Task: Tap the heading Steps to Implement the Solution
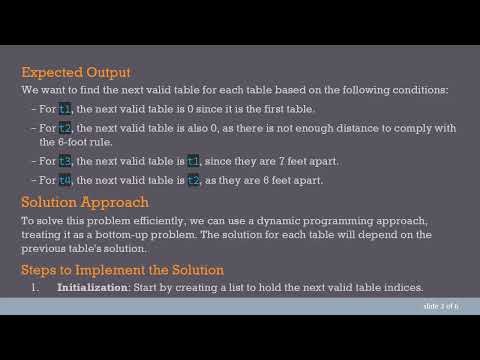tap(122, 270)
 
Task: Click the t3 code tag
tap(66, 161)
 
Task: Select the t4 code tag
tap(66, 180)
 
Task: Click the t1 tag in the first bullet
tap(66, 108)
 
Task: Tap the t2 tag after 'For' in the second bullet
tap(66, 128)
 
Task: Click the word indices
tap(403, 287)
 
